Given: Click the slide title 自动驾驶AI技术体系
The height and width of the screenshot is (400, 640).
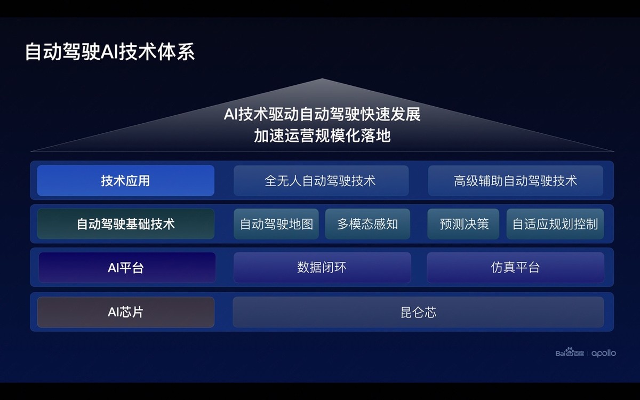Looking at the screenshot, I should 110,52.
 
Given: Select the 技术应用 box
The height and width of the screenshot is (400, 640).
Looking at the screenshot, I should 126,181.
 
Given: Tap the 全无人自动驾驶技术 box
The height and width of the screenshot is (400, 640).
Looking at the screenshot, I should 321,181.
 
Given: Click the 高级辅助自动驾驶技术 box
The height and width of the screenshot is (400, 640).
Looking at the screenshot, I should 515,181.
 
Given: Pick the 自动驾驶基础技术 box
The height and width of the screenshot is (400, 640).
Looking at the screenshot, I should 126,224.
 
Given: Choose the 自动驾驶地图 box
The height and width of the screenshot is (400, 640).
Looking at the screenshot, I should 276,224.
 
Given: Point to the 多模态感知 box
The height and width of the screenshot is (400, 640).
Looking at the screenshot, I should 367,224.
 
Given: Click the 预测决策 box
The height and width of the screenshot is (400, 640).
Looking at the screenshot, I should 463,224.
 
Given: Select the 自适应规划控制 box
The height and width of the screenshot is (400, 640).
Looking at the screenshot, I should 555,224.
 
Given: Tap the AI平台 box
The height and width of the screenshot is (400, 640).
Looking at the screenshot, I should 127,267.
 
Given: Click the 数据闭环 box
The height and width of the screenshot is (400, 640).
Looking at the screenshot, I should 322,267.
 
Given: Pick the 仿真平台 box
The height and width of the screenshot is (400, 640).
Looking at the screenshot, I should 515,267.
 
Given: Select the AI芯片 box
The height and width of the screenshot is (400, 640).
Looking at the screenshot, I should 126,312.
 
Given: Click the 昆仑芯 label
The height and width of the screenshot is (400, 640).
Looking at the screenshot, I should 418,312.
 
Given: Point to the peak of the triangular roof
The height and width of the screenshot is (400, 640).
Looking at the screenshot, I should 322,79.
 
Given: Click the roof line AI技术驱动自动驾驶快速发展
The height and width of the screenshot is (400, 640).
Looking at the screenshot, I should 322,114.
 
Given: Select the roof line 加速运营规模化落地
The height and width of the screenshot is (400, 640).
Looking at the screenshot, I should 322,135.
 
